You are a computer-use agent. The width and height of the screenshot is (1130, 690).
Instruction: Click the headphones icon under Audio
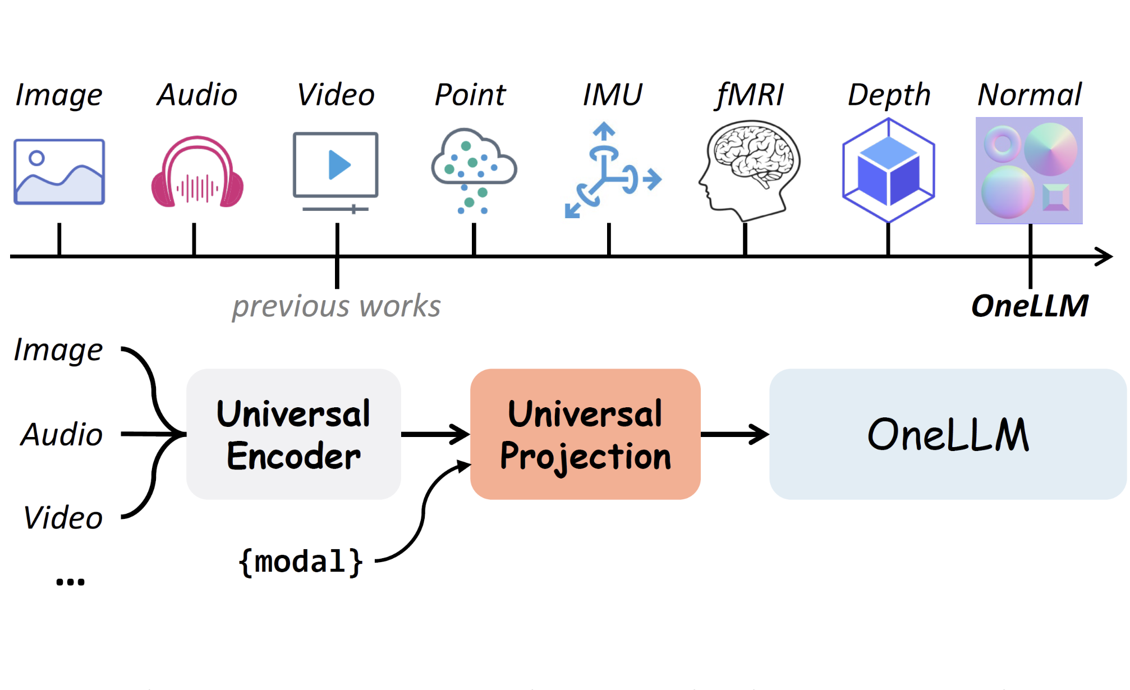(x=197, y=172)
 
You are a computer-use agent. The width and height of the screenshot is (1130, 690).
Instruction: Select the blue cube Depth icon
(x=888, y=170)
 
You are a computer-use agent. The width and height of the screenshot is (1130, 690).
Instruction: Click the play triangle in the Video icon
(x=339, y=165)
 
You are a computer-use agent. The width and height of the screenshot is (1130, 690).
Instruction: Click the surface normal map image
(x=1029, y=171)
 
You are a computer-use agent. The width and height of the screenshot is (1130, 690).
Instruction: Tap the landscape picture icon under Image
(x=59, y=172)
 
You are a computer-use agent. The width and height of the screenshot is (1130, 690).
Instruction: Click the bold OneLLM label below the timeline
(x=1030, y=306)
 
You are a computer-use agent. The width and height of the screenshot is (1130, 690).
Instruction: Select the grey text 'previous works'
(x=337, y=306)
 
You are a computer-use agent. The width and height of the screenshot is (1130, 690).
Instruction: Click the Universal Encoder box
(x=293, y=434)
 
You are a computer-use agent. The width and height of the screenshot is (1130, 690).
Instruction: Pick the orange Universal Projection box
(x=585, y=434)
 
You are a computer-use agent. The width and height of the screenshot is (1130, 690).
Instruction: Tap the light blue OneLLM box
(x=948, y=434)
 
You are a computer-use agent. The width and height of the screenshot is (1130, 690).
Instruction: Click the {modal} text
(x=301, y=562)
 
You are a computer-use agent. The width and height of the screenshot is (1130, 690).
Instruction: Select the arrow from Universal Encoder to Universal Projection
(x=435, y=434)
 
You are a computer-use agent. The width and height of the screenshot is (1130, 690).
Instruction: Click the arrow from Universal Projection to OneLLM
(x=734, y=434)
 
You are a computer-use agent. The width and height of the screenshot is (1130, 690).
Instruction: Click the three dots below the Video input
(x=70, y=582)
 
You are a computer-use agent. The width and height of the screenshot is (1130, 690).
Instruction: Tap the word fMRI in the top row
(x=750, y=95)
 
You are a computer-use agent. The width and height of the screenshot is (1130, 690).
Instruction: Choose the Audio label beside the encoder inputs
(x=62, y=435)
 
